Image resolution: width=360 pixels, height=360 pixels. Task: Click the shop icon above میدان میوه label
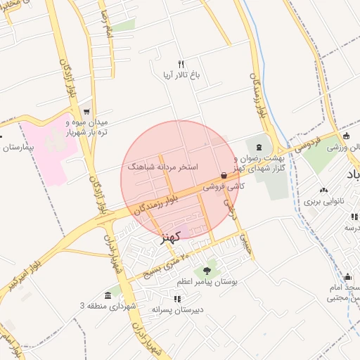coord(86,111)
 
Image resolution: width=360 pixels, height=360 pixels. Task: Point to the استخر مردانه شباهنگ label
coord(163,167)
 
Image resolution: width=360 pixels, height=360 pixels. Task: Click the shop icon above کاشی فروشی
coord(224,176)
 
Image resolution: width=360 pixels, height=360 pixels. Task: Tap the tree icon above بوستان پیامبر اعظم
coord(207,270)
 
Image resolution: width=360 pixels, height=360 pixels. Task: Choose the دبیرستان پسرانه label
coord(177,309)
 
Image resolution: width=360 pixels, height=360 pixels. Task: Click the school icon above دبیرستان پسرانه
coord(176,299)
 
